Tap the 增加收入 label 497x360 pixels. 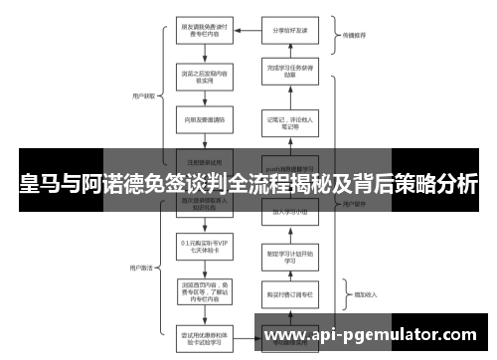[353, 294]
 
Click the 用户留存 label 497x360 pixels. [353, 205]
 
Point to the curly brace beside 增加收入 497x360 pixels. [335, 293]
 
